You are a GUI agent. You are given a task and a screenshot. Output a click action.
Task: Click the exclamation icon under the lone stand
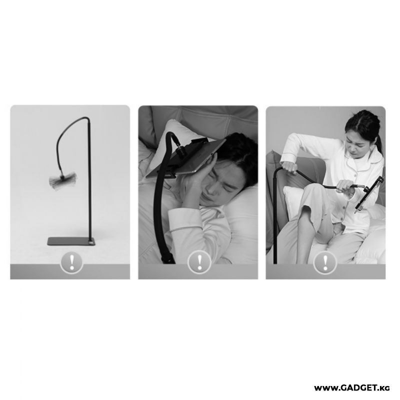click(x=71, y=262)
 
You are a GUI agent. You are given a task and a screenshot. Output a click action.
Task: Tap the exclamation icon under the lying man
click(x=199, y=262)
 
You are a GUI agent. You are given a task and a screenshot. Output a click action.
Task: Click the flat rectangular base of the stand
click(x=71, y=241)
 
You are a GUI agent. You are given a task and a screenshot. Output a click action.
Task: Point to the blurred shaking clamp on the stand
click(x=62, y=180)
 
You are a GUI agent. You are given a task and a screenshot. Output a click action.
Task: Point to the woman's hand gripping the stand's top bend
click(x=289, y=168)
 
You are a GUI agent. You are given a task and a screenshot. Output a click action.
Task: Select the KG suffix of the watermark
click(x=385, y=388)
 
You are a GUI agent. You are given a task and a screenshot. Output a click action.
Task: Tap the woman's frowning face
click(x=358, y=143)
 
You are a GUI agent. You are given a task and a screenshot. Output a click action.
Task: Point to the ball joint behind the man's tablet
click(x=181, y=151)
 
